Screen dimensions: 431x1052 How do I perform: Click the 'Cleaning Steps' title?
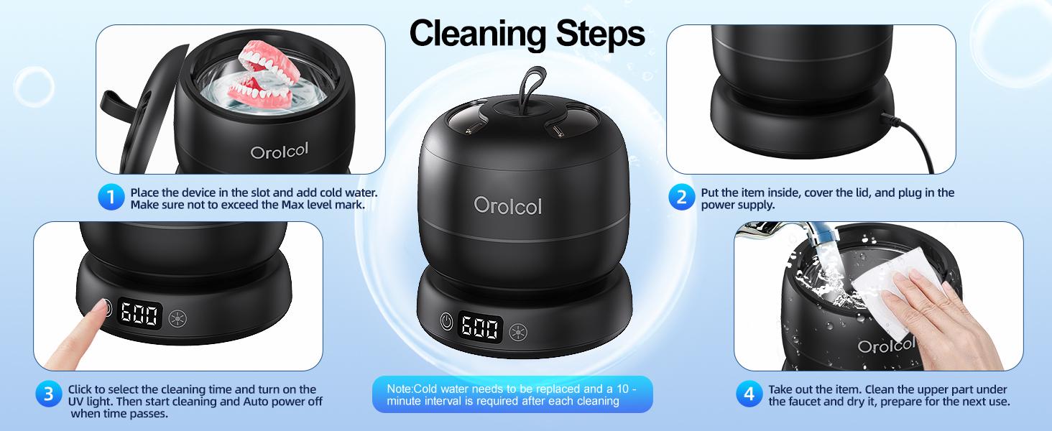[x=527, y=33]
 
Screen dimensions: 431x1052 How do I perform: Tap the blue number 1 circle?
[x=111, y=198]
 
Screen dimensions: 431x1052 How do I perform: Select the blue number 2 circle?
[x=681, y=198]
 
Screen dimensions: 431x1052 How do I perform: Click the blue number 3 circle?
[x=48, y=394]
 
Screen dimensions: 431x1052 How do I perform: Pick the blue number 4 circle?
[x=749, y=394]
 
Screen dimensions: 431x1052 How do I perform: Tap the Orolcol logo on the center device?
[x=507, y=205]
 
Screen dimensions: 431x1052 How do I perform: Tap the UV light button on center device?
[x=517, y=332]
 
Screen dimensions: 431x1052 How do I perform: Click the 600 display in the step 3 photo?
[x=141, y=314]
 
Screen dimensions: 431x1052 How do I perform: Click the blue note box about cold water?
[x=512, y=394]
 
